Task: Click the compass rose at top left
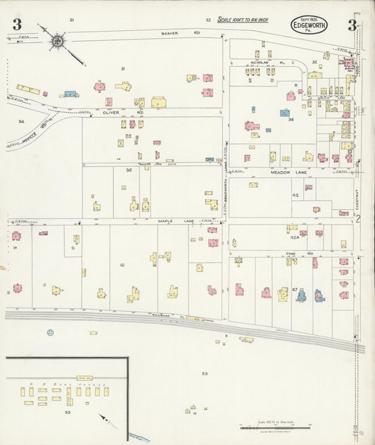pyautogui.click(x=56, y=41)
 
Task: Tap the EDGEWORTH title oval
pyautogui.click(x=310, y=25)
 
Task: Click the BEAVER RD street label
pyautogui.click(x=170, y=33)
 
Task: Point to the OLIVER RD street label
pyautogui.click(x=113, y=112)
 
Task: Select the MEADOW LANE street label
pyautogui.click(x=286, y=172)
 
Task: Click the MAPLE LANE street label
pyautogui.click(x=170, y=221)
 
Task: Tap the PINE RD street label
pyautogui.click(x=293, y=253)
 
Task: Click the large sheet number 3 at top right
pyautogui.click(x=351, y=26)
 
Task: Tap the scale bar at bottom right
pyautogui.click(x=281, y=426)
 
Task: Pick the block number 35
pyautogui.click(x=129, y=170)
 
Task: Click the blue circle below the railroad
pyautogui.click(x=50, y=332)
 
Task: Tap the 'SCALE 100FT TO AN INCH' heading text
pyautogui.click(x=250, y=20)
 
